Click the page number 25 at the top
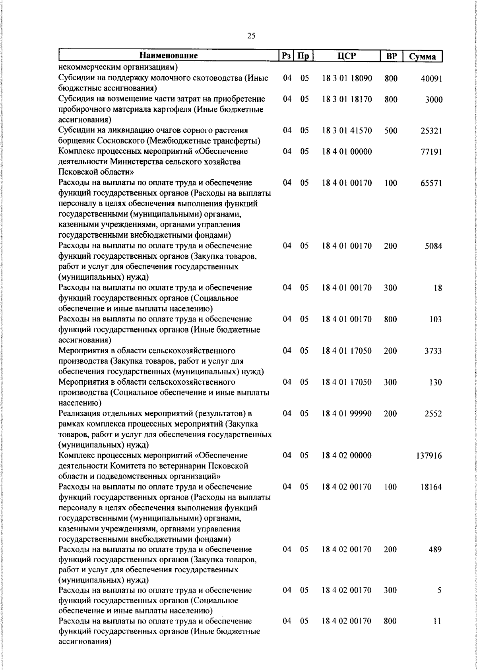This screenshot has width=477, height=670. coord(251,36)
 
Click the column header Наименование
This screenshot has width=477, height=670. coord(169,56)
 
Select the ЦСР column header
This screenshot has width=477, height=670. coord(347,56)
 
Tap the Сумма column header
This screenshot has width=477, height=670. coord(423,56)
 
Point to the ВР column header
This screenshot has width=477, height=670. coord(391,56)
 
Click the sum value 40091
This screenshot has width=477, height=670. coord(431,79)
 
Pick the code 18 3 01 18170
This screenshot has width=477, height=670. coord(347,99)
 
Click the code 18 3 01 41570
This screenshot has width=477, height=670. coord(347,130)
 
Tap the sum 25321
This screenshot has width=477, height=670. coord(431,131)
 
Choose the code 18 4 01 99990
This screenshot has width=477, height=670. coord(347,414)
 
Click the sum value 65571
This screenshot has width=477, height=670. coord(431,183)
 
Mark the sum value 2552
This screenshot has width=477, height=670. coord(433,414)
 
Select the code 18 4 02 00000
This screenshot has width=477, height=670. coord(347,455)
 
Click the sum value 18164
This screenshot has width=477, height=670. coord(431,487)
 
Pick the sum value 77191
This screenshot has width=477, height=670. coord(431,152)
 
